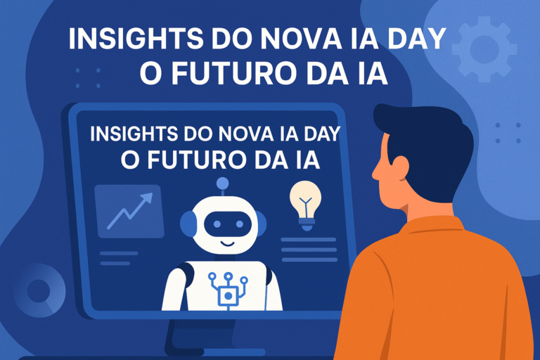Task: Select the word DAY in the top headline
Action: coord(417,38)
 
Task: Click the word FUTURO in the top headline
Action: coord(233,73)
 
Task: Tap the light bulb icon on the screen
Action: coord(305,206)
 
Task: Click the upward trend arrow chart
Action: coord(130,211)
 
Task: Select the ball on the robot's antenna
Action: coord(222,183)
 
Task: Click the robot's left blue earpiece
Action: coord(187,224)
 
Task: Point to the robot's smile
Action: coord(227,244)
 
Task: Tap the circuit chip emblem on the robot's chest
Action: coord(228,290)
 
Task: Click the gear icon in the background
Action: coord(484,49)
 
